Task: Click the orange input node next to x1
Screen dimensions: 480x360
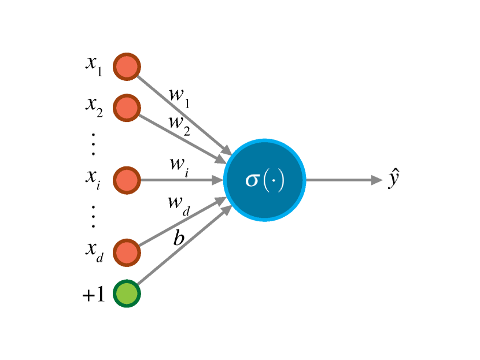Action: point(126,67)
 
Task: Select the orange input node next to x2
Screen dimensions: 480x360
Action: point(126,107)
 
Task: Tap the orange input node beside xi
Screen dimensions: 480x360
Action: point(126,180)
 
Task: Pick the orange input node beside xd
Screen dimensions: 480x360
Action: point(126,253)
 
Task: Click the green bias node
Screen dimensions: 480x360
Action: point(126,294)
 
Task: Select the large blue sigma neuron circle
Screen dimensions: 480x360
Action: point(265,180)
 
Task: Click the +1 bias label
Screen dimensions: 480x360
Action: point(93,295)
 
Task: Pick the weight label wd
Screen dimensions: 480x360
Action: point(178,203)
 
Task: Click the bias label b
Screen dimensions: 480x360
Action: point(179,237)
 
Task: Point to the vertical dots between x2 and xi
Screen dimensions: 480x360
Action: point(94,143)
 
